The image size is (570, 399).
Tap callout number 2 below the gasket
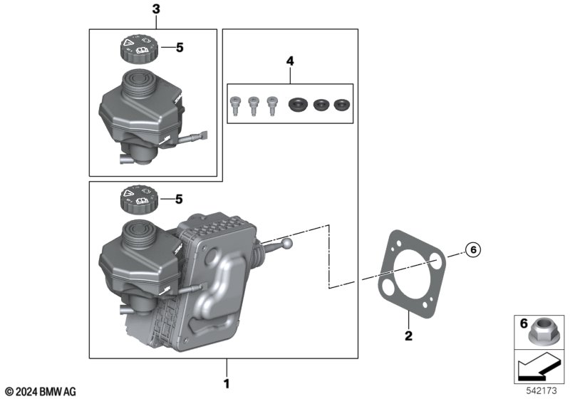[408, 335]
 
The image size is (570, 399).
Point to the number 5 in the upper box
[180, 48]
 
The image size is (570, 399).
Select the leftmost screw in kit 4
[235, 105]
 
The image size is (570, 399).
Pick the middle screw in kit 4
[252, 105]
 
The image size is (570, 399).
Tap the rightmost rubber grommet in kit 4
[343, 105]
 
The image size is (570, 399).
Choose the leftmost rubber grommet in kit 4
[296, 105]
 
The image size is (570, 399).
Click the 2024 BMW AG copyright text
[40, 391]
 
